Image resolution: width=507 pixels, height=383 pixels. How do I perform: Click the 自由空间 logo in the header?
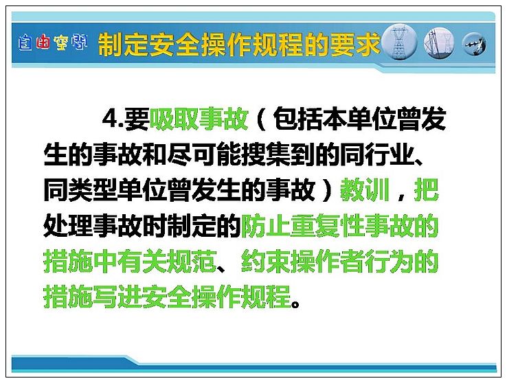(x=52, y=43)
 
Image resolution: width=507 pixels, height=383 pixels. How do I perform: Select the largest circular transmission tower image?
(x=399, y=42)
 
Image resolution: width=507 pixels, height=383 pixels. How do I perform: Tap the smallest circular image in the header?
(x=474, y=44)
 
